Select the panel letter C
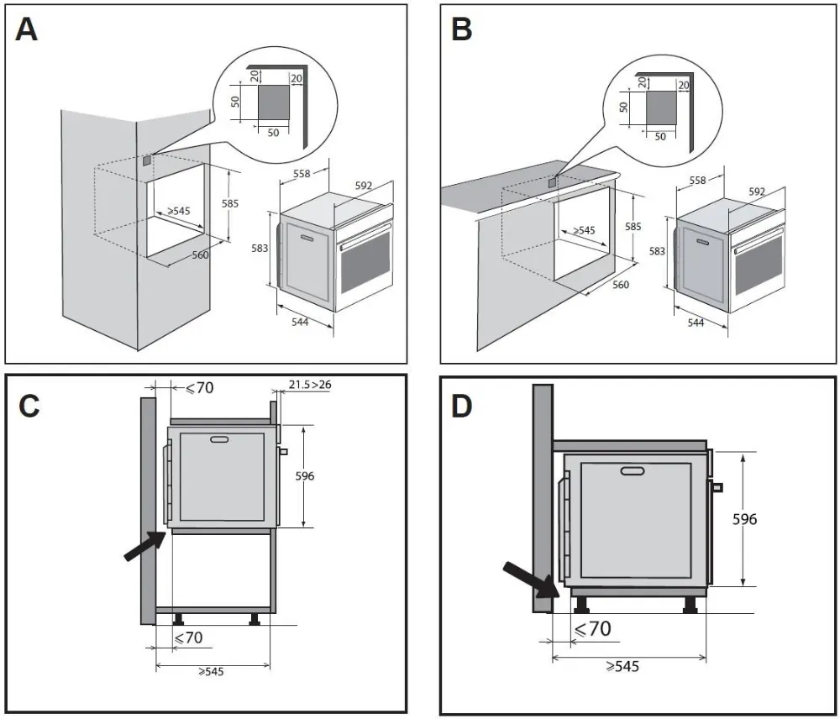tap(29, 406)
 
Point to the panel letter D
tap(463, 406)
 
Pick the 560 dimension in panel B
tap(620, 285)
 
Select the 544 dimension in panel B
tap(695, 323)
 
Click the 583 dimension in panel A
tap(260, 249)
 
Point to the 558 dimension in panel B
tap(696, 180)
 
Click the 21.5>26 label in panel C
tap(310, 385)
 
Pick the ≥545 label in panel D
tap(622, 666)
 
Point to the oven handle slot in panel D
tap(633, 470)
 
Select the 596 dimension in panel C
tap(304, 476)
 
